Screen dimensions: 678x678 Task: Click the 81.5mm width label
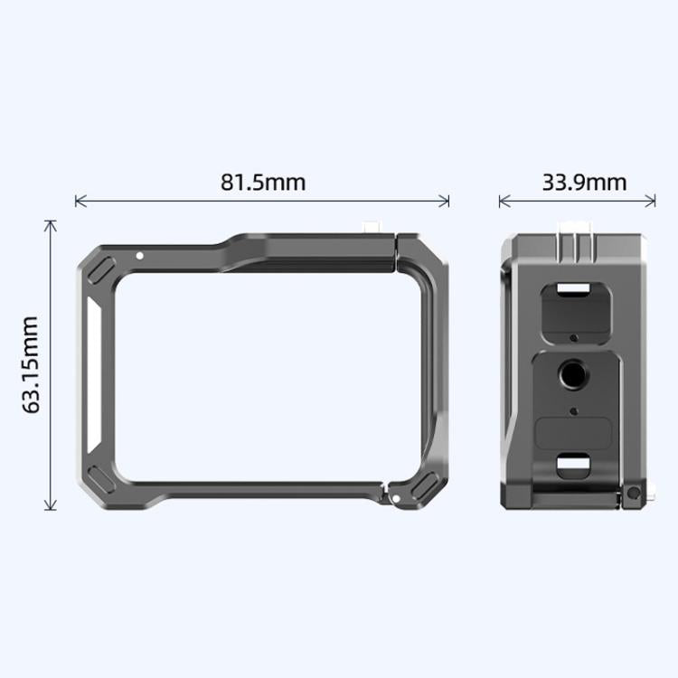click(263, 182)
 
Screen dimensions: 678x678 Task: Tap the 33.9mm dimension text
click(584, 182)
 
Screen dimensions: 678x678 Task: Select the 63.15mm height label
click(32, 364)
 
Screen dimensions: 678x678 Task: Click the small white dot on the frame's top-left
click(139, 256)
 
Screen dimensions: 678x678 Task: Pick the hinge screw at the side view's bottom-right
click(635, 494)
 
